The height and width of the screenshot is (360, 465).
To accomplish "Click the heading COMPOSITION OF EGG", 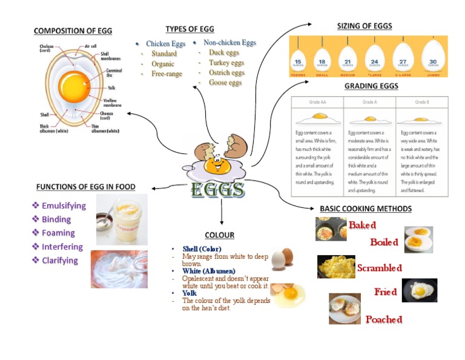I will click(x=73, y=31).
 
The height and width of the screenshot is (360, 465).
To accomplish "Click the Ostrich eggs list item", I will click(x=226, y=73).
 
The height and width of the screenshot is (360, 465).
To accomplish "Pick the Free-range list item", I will click(x=167, y=74).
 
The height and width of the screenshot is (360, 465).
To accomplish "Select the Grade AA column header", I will click(x=317, y=102).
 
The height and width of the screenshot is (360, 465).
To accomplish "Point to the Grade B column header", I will click(x=422, y=102).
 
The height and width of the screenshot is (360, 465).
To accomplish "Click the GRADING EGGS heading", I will click(x=371, y=86).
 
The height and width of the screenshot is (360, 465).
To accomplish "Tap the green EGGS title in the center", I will click(x=218, y=190).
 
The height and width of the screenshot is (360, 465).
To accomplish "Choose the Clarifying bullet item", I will click(x=59, y=261).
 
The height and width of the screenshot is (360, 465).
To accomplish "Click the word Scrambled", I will click(x=379, y=268).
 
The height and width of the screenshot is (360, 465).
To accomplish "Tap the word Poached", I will click(x=383, y=319).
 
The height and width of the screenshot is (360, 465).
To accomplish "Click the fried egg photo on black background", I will click(x=419, y=290).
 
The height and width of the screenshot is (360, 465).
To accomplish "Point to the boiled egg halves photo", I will click(x=418, y=239).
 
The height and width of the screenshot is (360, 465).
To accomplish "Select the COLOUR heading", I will click(x=219, y=235).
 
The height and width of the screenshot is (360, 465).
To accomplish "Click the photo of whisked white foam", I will click(x=119, y=268).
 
